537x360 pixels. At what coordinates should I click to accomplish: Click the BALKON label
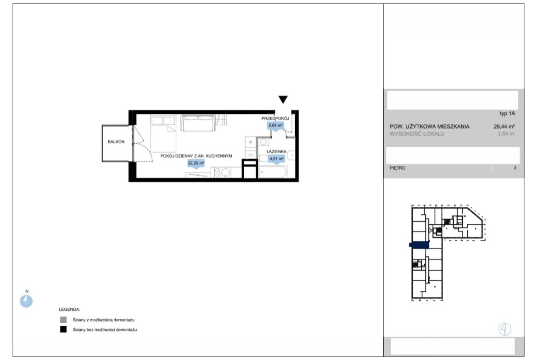click(x=116, y=142)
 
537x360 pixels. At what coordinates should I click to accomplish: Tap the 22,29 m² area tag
click(x=196, y=163)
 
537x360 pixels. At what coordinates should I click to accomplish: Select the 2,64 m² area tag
click(x=276, y=125)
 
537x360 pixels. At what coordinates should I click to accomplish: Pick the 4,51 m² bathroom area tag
click(x=276, y=158)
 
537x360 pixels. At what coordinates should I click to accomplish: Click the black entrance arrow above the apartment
click(x=283, y=99)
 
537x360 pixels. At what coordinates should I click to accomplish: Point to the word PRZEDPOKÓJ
click(x=275, y=118)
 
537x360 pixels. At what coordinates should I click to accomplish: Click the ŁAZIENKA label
click(x=276, y=151)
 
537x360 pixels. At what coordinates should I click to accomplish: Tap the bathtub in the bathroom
click(x=273, y=172)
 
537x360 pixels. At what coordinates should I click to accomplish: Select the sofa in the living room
click(x=198, y=123)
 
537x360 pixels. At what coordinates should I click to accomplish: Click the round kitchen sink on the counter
click(x=225, y=173)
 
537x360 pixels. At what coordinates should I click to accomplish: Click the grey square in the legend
click(x=63, y=320)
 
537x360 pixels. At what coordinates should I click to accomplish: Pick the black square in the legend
click(x=63, y=330)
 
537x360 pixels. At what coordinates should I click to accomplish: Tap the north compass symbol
click(x=26, y=301)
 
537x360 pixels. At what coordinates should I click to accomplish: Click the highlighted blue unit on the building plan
click(x=419, y=244)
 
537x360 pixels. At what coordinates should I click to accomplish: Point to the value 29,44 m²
click(x=504, y=126)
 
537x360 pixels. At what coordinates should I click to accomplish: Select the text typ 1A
click(x=507, y=113)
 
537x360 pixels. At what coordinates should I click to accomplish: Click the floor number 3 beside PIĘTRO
click(x=515, y=168)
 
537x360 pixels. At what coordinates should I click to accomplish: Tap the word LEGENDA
click(x=69, y=310)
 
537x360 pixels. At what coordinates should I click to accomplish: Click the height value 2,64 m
click(x=506, y=134)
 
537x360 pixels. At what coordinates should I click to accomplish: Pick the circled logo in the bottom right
click(x=505, y=329)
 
